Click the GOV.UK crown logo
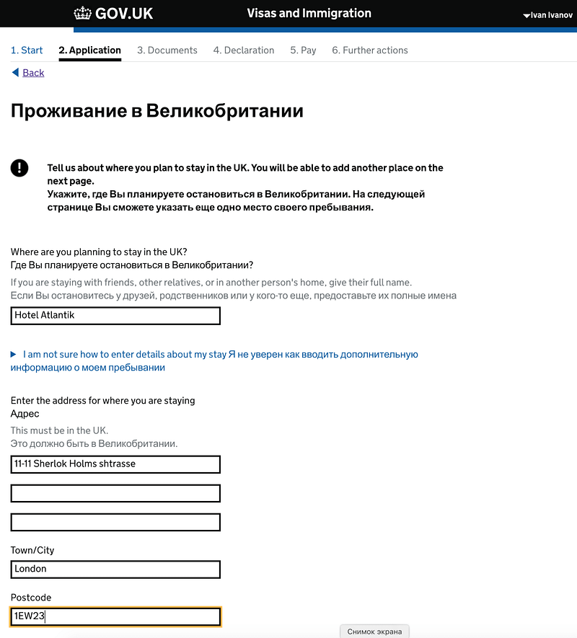83,14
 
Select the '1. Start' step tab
27,50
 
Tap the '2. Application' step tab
89,50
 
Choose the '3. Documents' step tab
167,50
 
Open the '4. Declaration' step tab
244,50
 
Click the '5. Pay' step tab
303,50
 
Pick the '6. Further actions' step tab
370,50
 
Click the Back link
33,73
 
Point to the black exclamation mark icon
19,168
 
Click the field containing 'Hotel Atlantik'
115,316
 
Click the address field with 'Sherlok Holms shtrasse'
115,464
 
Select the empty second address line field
115,493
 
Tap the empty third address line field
115,522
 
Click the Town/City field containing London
115,570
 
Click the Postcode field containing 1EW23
115,616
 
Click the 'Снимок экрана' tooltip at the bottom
374,632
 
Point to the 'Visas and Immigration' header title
309,14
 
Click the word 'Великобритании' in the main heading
224,111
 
